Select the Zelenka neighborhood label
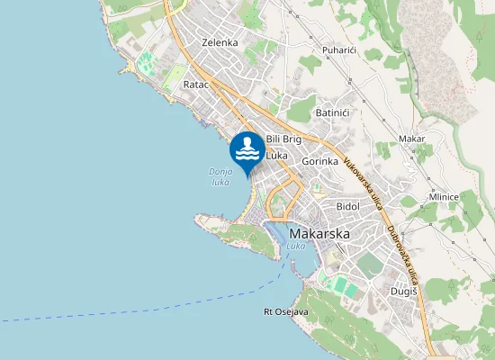220,42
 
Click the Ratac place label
195,84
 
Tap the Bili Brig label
283,139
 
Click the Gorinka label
319,162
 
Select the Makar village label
411,139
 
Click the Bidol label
347,206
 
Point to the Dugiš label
403,290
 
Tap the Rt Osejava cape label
285,312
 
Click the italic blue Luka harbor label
296,246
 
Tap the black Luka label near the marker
277,156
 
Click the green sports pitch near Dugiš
341,285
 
